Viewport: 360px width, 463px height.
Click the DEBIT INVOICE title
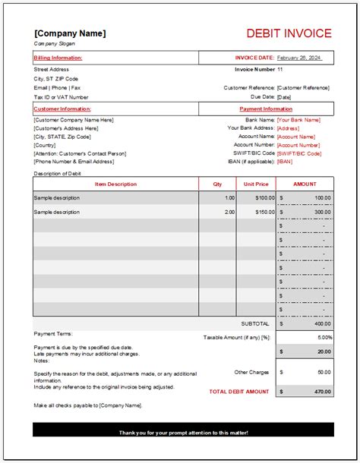pos(289,33)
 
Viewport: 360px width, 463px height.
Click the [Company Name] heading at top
pos(70,33)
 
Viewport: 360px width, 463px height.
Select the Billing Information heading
pos(58,58)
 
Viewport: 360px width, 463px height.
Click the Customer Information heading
pos(61,109)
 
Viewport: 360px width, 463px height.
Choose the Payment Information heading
pos(267,109)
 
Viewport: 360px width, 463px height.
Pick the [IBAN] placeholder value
pos(285,161)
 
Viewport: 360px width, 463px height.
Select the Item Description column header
pos(116,184)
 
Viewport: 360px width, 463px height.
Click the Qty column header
pos(217,184)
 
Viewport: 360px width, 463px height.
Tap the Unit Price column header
pos(256,184)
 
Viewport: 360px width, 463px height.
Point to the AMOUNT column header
pos(304,184)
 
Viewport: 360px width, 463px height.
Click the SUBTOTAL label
pos(255,323)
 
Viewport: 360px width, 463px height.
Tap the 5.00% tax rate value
pos(324,337)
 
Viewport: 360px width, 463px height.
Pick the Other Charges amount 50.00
pos(324,372)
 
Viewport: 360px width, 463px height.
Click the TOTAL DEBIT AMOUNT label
pos(239,391)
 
